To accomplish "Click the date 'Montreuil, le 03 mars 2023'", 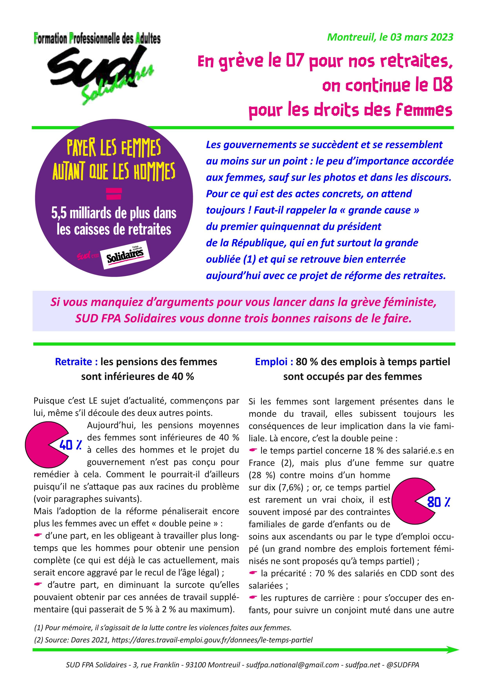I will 390,37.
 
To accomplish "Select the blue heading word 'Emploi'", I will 274,362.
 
